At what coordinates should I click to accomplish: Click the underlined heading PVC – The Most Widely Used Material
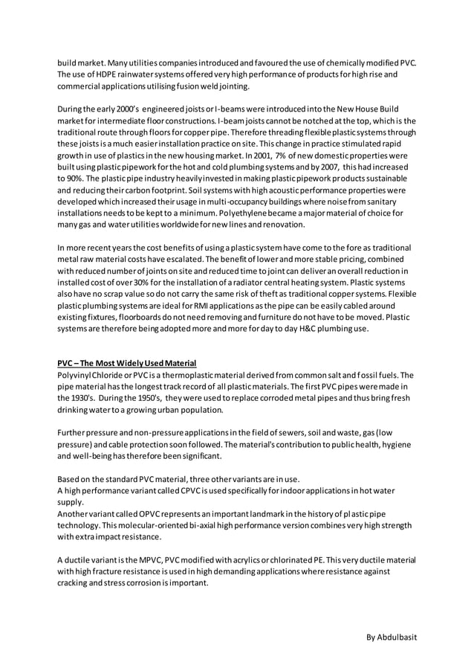[127, 363]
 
